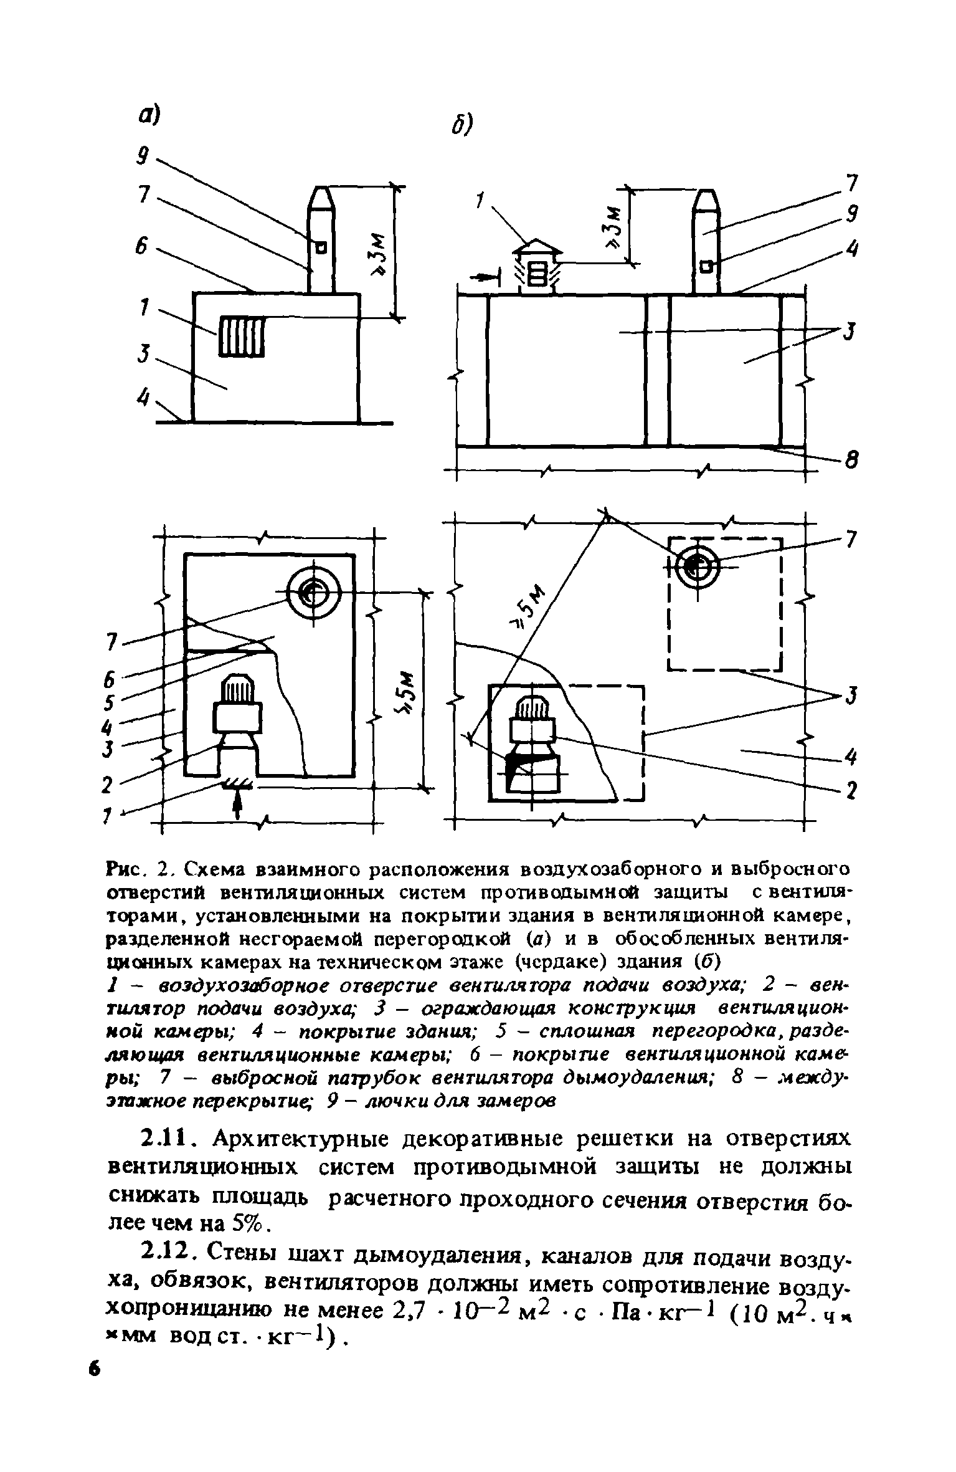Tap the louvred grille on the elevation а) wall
point(242,336)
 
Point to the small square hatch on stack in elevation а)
point(321,248)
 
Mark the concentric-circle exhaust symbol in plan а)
point(313,592)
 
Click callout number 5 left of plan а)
point(110,703)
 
